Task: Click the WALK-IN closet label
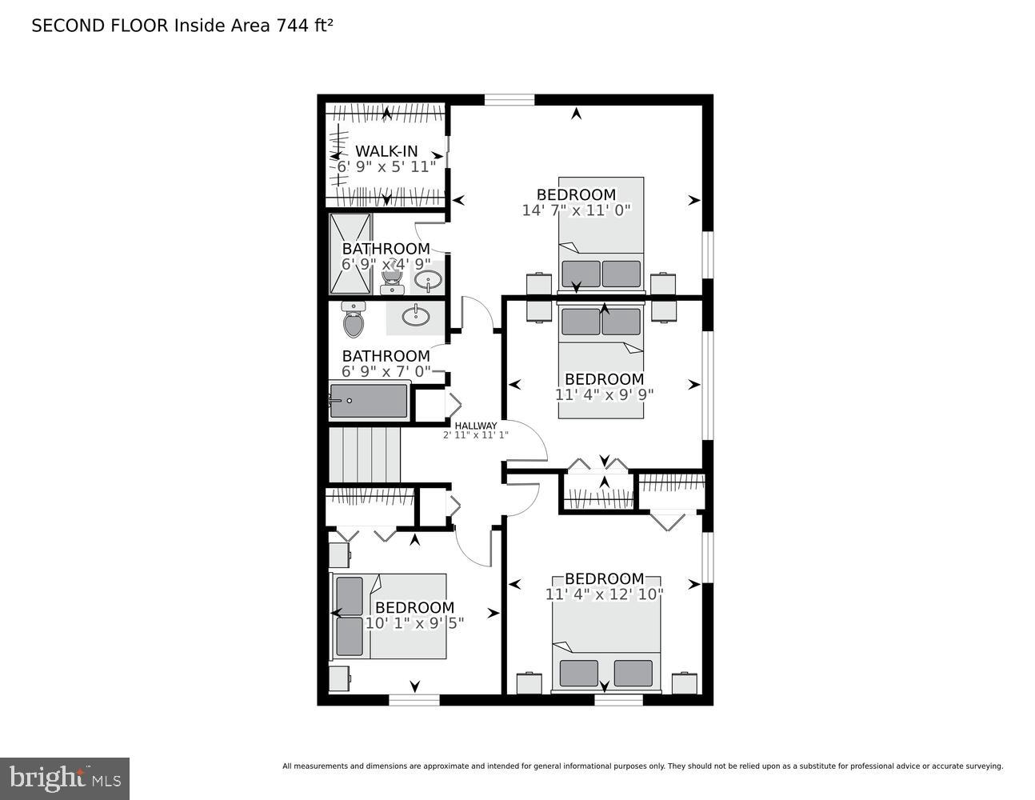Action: point(386,150)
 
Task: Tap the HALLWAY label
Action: point(476,425)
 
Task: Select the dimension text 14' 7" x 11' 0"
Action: point(576,210)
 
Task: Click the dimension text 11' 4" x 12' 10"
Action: point(604,594)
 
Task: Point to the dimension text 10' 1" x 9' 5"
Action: point(414,622)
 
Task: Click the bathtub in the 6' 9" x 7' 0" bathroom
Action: point(369,401)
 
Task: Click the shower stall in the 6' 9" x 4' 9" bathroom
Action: point(350,254)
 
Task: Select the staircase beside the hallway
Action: point(364,454)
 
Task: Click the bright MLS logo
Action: point(65,778)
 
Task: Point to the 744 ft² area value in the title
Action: point(304,25)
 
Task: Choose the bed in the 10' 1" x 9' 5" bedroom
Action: point(389,615)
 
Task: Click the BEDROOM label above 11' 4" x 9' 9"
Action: point(604,378)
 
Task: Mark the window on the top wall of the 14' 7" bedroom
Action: point(510,100)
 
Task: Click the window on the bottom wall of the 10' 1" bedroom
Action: point(414,700)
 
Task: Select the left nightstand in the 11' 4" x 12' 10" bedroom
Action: point(529,683)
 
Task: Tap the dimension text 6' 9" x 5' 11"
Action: point(386,166)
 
